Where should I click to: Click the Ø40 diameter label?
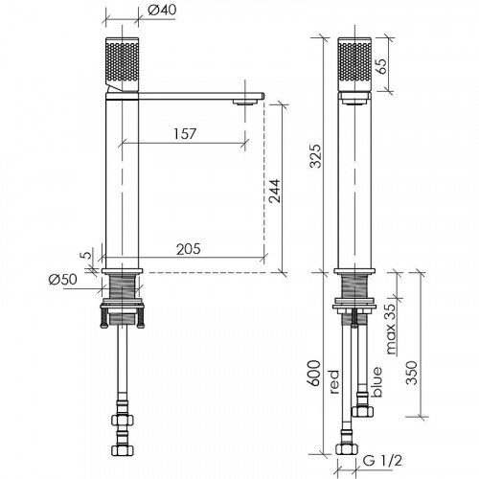point(162,10)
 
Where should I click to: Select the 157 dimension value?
point(185,134)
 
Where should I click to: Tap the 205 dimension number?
point(189,249)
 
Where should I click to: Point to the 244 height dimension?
point(275,191)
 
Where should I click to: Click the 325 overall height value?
point(316,156)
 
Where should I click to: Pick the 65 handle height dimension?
point(382,66)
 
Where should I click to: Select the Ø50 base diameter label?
point(63,280)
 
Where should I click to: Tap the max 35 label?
point(390,329)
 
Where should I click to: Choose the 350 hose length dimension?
point(411,373)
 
